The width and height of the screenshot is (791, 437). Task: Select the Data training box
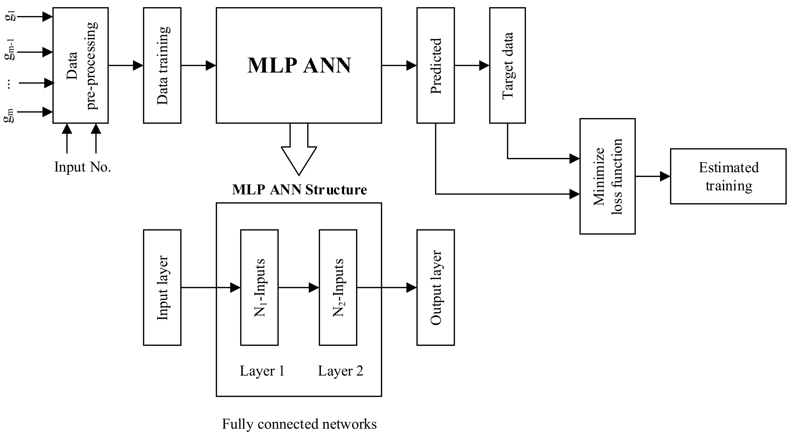[x=162, y=65]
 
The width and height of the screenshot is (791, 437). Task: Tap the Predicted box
[x=435, y=65]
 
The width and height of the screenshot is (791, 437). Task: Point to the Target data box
[x=507, y=65]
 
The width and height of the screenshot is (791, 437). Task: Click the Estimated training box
[x=728, y=176]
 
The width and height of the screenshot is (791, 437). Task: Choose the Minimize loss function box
[x=607, y=176]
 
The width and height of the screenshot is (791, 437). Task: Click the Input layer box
[x=162, y=288]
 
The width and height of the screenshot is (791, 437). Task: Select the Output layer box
[x=435, y=288]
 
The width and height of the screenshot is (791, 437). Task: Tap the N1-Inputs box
[x=259, y=288]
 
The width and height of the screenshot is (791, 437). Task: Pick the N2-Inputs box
[x=338, y=288]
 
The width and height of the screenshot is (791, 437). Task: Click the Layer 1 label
[x=262, y=371]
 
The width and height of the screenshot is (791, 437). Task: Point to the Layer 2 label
[x=340, y=371]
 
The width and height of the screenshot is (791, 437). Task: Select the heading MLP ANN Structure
[x=299, y=190]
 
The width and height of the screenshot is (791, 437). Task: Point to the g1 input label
[x=10, y=16]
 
